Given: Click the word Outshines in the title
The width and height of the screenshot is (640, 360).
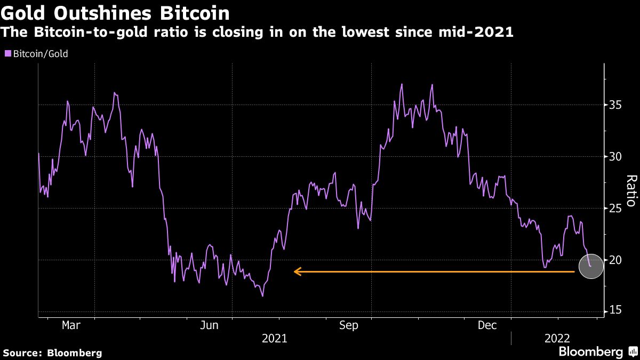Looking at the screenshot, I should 104,13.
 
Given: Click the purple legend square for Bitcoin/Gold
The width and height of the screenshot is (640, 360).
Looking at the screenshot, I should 7,53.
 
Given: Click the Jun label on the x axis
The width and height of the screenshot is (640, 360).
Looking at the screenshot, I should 209,325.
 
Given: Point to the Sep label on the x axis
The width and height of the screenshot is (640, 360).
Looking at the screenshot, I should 348,325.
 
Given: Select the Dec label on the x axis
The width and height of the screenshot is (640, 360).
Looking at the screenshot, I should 487,325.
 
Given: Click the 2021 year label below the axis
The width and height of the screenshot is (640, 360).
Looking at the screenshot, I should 274,338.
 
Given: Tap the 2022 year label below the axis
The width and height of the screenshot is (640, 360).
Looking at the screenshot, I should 557,338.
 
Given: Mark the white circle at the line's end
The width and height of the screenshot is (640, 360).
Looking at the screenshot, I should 590,266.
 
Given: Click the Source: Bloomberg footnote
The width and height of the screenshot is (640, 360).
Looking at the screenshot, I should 52,353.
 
